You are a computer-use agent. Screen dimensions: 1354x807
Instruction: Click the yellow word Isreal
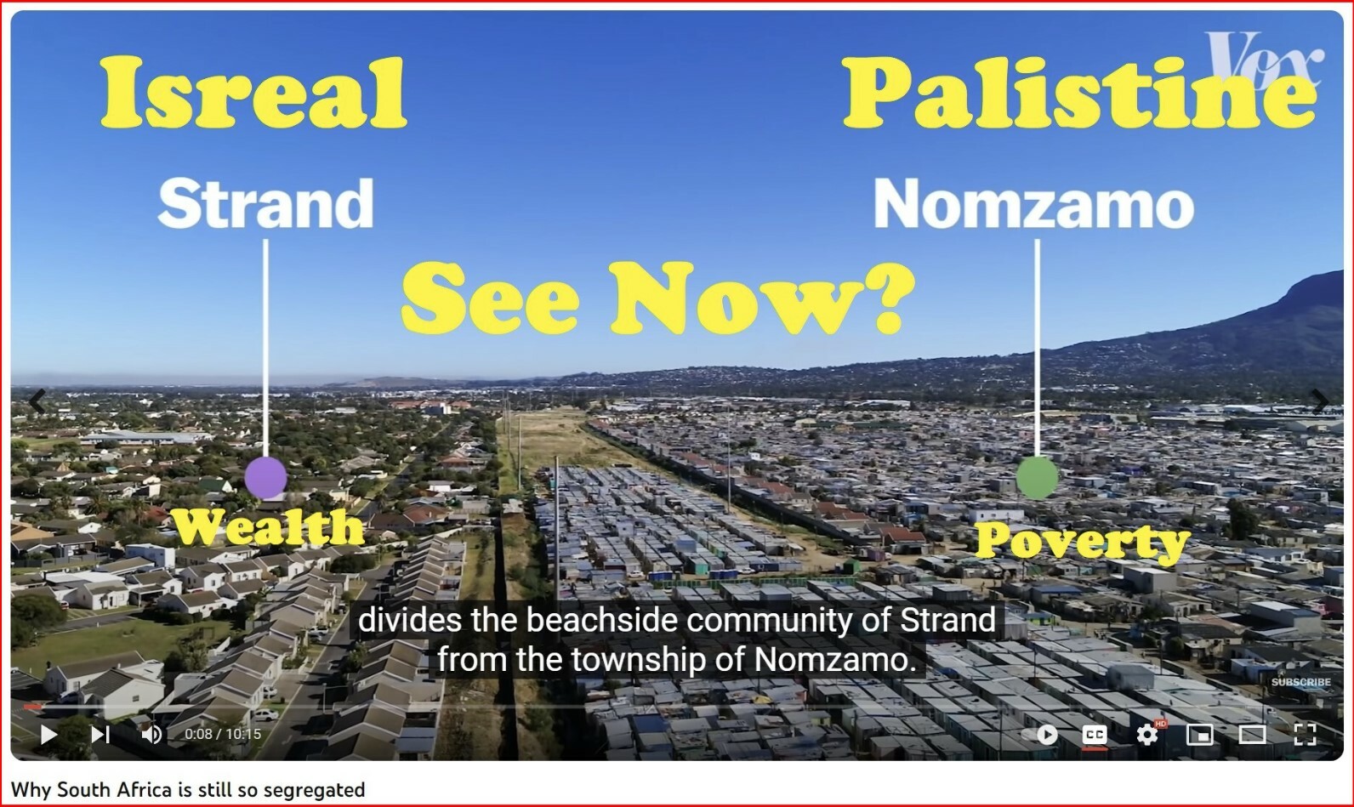click(x=253, y=92)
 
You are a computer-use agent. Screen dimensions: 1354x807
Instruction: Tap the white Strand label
click(x=266, y=203)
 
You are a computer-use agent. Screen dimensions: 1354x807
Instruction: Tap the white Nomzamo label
click(x=1033, y=204)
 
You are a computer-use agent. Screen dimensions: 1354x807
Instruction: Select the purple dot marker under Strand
click(x=265, y=478)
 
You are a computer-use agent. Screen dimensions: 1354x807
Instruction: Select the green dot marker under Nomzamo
click(x=1038, y=478)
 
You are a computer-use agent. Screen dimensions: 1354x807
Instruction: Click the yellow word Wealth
click(x=270, y=527)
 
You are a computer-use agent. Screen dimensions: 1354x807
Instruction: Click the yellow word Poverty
click(x=1082, y=541)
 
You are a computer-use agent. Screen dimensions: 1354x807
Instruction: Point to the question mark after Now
click(x=891, y=298)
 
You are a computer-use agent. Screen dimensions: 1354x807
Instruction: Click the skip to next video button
click(x=100, y=735)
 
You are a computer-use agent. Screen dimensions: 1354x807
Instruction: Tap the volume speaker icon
click(x=151, y=735)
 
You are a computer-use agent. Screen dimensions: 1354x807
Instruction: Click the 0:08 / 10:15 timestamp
click(x=223, y=735)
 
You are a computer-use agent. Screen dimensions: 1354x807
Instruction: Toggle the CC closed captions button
click(x=1094, y=735)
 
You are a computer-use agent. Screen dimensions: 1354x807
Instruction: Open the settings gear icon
click(x=1147, y=735)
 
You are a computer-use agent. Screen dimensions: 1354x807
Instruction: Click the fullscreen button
click(x=1305, y=735)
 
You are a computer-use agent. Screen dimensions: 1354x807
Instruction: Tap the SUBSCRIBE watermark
click(x=1300, y=682)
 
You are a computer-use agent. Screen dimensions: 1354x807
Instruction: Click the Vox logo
click(x=1265, y=60)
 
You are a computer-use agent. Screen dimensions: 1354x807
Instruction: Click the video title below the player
click(x=188, y=790)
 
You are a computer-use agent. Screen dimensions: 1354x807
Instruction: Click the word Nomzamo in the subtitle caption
click(x=836, y=660)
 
